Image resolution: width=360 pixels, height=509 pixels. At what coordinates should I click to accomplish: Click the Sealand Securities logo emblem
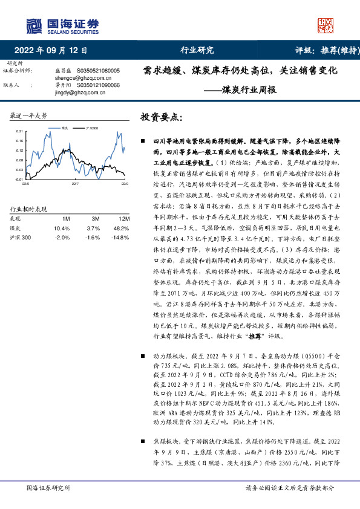tap(33, 25)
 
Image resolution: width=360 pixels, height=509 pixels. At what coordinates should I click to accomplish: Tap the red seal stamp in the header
tap(326, 25)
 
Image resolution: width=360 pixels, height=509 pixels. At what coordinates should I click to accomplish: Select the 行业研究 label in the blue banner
tap(197, 51)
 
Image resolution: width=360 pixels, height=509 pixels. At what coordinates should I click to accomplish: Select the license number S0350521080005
tap(99, 71)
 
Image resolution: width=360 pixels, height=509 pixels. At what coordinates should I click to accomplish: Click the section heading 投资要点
tap(161, 116)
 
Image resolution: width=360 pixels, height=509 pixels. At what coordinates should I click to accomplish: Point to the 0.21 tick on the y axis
tap(18, 131)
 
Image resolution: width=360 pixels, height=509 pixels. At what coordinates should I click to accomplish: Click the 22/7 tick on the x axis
tap(75, 183)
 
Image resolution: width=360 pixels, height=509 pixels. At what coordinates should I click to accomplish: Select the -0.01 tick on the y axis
tap(18, 179)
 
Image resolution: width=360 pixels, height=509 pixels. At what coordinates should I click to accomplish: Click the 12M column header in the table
tap(123, 218)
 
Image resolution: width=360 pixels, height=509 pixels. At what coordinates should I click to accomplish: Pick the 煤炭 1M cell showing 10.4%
tap(62, 228)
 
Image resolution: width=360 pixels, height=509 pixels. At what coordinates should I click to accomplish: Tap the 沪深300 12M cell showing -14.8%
tap(121, 237)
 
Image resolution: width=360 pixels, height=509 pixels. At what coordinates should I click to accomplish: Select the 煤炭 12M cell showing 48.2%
tap(122, 228)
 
